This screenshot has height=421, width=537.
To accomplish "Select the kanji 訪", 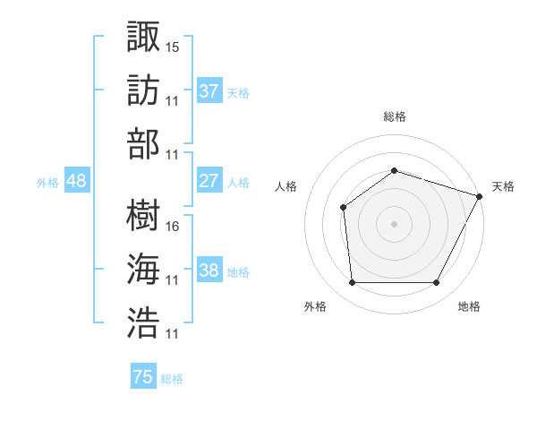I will point(143,90).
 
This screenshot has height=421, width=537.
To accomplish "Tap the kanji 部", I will point(143,143).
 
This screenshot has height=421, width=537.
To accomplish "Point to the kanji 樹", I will point(143,215).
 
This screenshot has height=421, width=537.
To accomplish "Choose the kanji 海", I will point(143,270).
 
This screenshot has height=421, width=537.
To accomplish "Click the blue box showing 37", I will point(209,90).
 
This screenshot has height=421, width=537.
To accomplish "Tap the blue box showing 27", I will point(209,181).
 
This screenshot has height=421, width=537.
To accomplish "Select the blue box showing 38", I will point(209,271).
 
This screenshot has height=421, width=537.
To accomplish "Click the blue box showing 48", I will point(77,181).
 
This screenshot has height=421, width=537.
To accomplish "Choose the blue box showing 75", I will point(142,377).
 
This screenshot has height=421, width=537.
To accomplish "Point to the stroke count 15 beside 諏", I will point(173,46).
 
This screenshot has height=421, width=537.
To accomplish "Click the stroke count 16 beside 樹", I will point(173,226).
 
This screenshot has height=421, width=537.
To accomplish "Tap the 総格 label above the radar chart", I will point(394,116).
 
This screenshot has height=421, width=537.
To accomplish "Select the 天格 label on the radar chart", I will point(503,186).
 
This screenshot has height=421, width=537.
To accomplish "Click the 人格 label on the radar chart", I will point(286,186).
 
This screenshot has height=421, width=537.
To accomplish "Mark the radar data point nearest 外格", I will point(352,283).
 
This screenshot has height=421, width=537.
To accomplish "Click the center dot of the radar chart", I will point(394,223).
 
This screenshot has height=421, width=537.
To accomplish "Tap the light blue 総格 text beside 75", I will point(172,379).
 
